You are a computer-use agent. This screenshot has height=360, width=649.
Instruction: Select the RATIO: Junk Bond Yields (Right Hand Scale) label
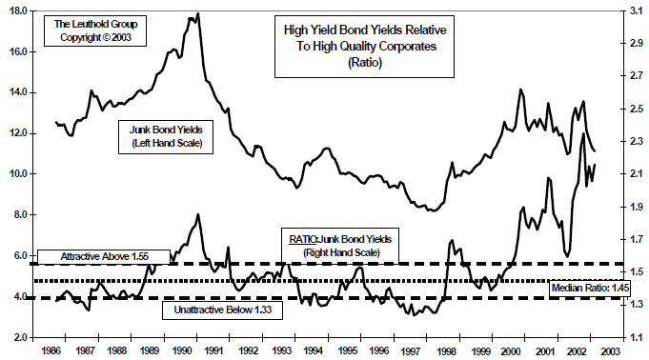pos(339,244)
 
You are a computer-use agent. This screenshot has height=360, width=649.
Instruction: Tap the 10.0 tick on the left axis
pos(17,174)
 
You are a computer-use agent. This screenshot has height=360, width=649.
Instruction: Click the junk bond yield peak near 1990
pos(197,14)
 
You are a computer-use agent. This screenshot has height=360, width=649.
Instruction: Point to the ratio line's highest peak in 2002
pos(582,133)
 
